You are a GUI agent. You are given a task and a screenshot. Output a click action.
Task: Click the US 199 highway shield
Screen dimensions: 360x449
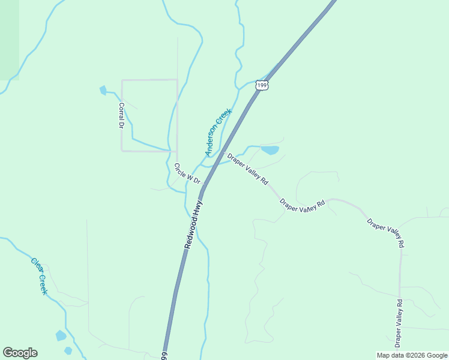[x=261, y=85]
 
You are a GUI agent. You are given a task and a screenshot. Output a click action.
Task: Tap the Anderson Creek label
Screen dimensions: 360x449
[x=218, y=133]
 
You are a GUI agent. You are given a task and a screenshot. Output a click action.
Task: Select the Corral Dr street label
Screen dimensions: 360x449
[x=121, y=115]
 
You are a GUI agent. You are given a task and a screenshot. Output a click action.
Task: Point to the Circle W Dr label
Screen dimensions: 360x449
[x=187, y=173]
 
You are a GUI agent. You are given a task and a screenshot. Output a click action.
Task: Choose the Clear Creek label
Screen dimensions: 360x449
[x=39, y=275]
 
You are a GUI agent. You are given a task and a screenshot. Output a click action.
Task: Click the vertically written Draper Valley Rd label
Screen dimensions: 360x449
[x=399, y=323]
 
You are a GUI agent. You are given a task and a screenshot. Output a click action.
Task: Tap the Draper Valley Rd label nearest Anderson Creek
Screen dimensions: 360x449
[x=247, y=169]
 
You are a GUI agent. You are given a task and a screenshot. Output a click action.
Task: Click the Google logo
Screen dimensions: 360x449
[x=20, y=353]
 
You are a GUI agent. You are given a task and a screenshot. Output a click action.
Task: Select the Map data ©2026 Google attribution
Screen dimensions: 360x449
[x=412, y=355]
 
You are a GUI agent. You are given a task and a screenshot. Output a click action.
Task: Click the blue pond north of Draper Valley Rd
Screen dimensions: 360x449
[x=270, y=150]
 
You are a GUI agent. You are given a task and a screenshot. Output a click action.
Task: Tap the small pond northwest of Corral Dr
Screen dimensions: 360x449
[x=103, y=91]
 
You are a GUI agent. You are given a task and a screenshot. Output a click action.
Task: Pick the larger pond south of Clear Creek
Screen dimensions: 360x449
[x=61, y=336]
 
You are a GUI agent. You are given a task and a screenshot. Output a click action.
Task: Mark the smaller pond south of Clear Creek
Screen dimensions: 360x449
[x=68, y=350]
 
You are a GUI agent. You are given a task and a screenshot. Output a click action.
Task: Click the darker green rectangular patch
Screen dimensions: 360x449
[x=9, y=39]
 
